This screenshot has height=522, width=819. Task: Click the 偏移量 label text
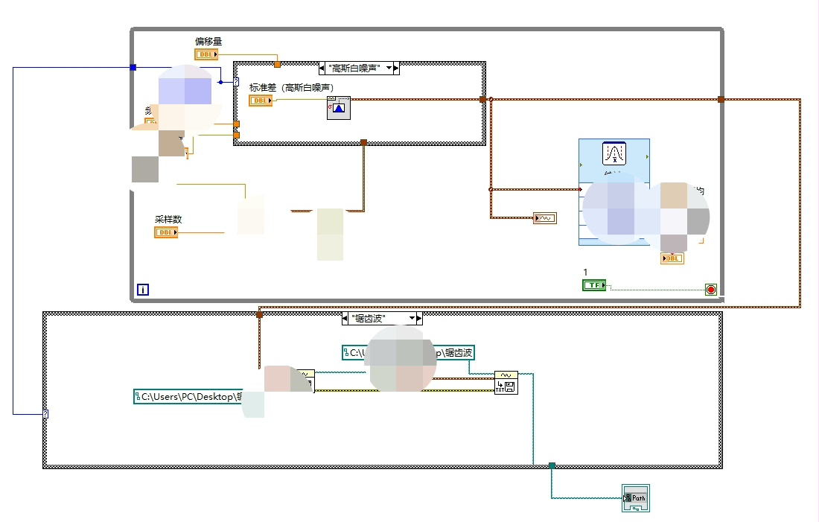click(x=208, y=41)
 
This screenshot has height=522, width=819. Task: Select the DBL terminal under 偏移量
click(x=205, y=54)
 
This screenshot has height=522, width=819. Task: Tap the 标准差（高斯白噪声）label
click(x=291, y=88)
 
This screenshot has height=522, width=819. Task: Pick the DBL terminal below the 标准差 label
click(x=261, y=101)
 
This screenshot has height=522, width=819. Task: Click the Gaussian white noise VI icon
click(x=339, y=109)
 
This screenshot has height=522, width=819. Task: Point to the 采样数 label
click(x=168, y=220)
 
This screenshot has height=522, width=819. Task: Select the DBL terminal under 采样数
click(x=166, y=232)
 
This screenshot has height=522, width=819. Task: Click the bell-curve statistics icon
click(x=615, y=153)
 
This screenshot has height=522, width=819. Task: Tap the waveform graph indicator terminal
click(x=545, y=218)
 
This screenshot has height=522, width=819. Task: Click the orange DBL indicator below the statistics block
click(x=672, y=258)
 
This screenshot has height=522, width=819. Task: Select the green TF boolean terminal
click(x=593, y=285)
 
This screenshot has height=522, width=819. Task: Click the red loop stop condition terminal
click(x=710, y=290)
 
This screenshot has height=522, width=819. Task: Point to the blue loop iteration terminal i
click(x=142, y=290)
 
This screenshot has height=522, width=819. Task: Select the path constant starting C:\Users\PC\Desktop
click(x=188, y=397)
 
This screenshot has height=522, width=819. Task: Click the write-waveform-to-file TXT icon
click(x=506, y=383)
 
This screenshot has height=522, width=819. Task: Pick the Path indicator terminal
click(x=636, y=498)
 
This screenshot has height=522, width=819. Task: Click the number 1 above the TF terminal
click(x=586, y=272)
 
